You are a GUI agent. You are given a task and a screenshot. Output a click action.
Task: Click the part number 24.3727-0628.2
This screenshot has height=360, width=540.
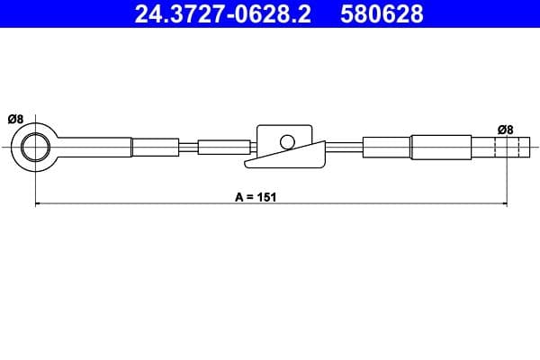(x=221, y=13)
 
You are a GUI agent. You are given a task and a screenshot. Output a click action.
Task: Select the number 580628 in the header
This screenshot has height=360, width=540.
(x=381, y=13)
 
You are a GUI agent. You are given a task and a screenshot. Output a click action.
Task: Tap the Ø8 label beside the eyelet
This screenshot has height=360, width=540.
(x=14, y=119)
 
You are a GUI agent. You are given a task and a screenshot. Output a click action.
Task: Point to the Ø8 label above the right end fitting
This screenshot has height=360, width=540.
(x=505, y=130)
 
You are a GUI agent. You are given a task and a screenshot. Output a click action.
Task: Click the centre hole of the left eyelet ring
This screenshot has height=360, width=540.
(x=36, y=147)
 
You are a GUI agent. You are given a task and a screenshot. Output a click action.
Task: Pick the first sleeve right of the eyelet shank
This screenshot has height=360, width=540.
(x=155, y=147)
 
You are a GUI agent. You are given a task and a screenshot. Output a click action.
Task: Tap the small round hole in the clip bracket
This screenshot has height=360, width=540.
(x=287, y=141)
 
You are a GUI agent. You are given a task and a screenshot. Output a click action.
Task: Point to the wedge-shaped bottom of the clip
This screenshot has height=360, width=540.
(x=286, y=159)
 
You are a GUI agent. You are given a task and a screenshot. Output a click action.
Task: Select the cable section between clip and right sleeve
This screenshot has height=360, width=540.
(x=343, y=147)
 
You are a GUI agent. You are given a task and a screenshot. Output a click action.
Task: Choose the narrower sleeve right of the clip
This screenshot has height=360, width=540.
(x=387, y=147)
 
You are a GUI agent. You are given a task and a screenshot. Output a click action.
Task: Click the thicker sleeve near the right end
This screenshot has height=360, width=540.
(x=441, y=147)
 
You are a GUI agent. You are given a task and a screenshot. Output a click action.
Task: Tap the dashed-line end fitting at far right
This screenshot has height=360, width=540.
(x=506, y=147)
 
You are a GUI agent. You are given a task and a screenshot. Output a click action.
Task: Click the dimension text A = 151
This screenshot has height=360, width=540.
(x=254, y=195)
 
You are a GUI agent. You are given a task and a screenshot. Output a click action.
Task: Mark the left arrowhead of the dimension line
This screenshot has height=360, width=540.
(x=39, y=205)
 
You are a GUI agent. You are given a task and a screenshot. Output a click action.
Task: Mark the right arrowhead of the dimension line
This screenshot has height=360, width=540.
(x=503, y=205)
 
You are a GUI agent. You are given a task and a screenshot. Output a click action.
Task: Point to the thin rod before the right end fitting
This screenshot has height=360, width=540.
(x=484, y=147)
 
